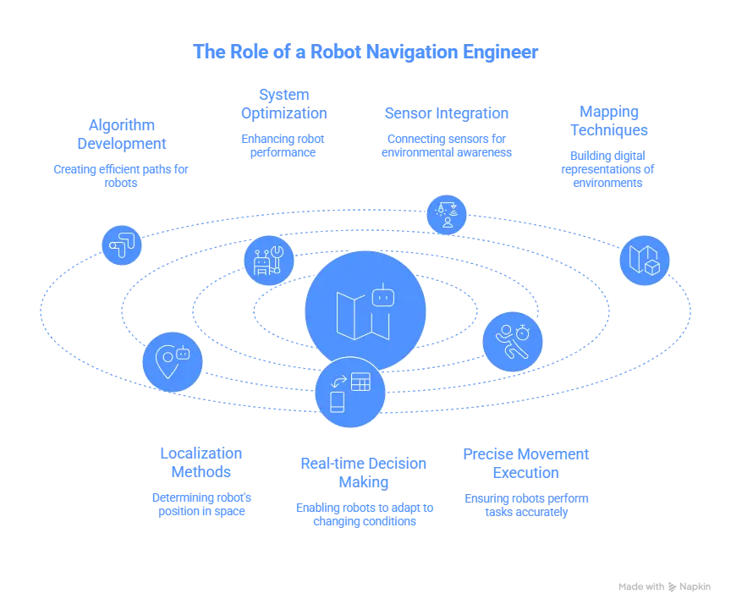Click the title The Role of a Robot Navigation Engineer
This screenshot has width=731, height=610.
pyautogui.click(x=365, y=52)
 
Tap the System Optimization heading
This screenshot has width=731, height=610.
pyautogui.click(x=283, y=103)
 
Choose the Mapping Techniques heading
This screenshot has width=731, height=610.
pyautogui.click(x=608, y=120)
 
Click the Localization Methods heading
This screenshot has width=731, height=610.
pyautogui.click(x=200, y=462)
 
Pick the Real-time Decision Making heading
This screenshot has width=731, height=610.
pyautogui.click(x=362, y=472)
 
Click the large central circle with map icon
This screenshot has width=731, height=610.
pyautogui.click(x=365, y=310)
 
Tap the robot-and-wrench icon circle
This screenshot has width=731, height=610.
pyautogui.click(x=269, y=261)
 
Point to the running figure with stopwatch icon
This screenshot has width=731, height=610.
pyautogui.click(x=513, y=342)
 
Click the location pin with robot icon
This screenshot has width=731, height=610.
pyautogui.click(x=173, y=361)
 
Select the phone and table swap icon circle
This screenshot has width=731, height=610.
pyautogui.click(x=349, y=392)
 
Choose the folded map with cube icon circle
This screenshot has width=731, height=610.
pyautogui.click(x=644, y=260)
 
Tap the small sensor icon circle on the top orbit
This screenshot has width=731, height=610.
pyautogui.click(x=446, y=215)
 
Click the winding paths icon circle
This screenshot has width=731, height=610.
pyautogui.click(x=122, y=245)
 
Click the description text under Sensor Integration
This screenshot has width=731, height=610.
pyautogui.click(x=446, y=145)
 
